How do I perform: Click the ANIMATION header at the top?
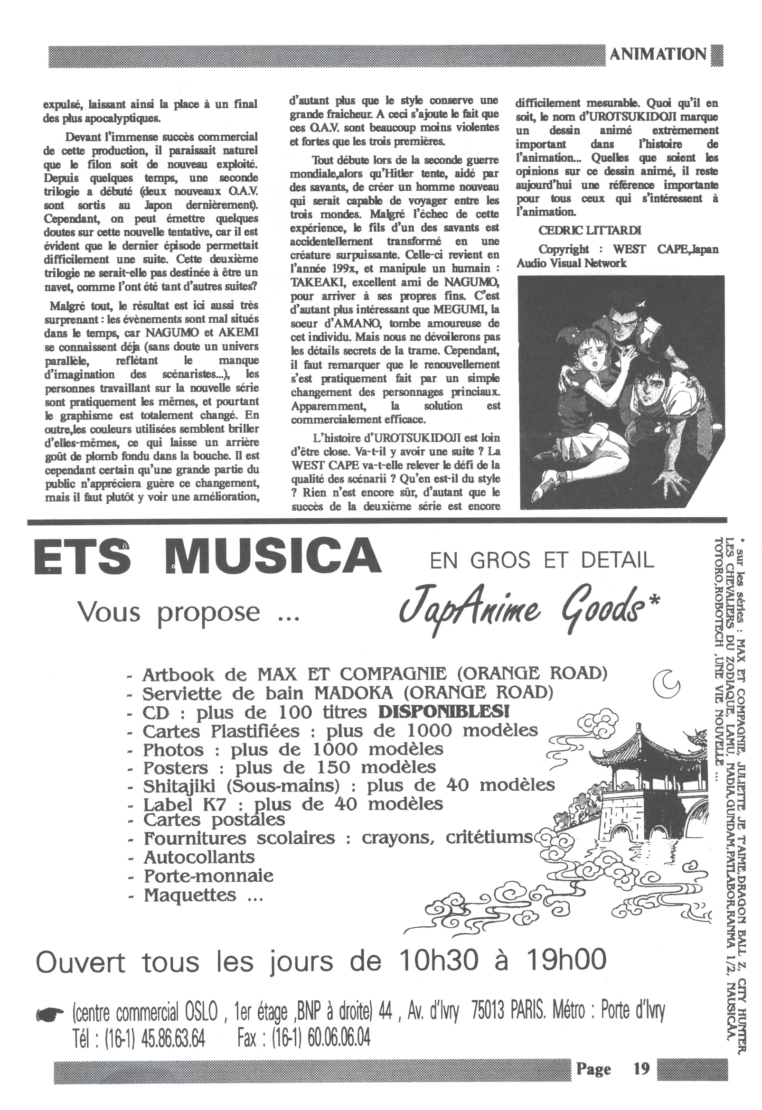tap(658, 55)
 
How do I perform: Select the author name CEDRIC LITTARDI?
tap(590, 230)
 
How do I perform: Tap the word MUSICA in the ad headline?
tap(273, 557)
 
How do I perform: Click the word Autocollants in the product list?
tap(199, 857)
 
